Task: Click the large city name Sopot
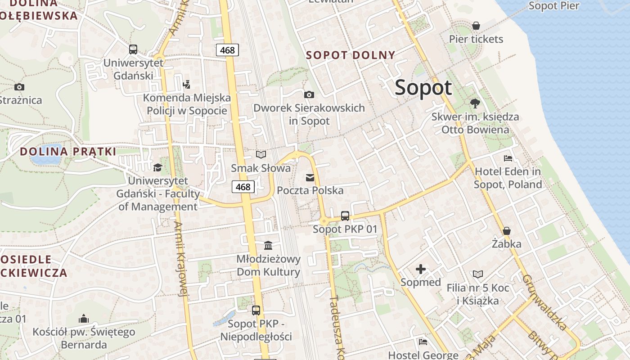(x=423, y=87)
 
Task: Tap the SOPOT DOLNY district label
(x=351, y=55)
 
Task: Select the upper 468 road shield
(x=227, y=50)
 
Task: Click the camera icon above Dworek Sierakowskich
(x=309, y=94)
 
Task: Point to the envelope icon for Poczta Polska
(x=310, y=177)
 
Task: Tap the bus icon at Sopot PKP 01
(x=345, y=216)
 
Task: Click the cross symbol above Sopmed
(x=421, y=269)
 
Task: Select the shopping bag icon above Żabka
(x=507, y=231)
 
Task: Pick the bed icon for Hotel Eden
(x=508, y=158)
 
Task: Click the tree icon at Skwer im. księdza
(x=475, y=103)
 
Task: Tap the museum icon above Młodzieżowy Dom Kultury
(x=268, y=245)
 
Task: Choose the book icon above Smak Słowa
(x=261, y=155)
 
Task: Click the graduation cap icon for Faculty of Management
(x=157, y=167)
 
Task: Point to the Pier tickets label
(x=476, y=39)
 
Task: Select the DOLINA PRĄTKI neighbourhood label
(x=68, y=152)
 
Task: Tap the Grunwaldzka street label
(x=544, y=302)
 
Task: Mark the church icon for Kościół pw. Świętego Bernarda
(x=84, y=319)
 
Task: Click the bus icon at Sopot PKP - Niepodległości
(x=256, y=310)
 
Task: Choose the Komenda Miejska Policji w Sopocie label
(x=187, y=104)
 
